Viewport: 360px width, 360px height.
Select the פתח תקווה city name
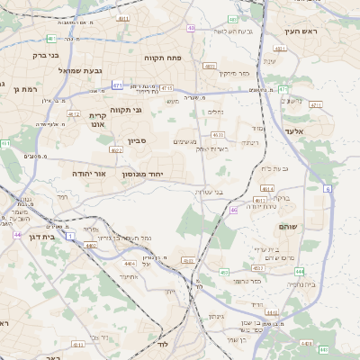(164, 56)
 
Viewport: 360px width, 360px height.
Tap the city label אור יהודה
(90, 173)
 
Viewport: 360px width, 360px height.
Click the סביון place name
(136, 140)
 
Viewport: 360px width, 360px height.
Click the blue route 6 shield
(328, 188)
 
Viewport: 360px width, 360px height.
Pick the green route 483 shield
(232, 19)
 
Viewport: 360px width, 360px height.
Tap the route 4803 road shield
(210, 66)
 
